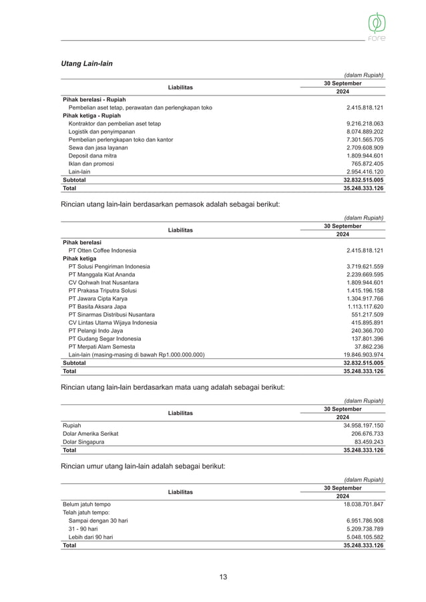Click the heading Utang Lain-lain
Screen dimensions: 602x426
point(87,63)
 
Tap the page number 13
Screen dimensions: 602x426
point(223,577)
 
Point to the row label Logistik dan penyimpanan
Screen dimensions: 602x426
point(105,132)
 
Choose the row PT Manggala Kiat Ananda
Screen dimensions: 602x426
point(102,274)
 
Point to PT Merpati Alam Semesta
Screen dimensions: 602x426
point(101,346)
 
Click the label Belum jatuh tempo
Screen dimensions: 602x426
point(87,504)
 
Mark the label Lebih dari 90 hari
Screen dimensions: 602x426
point(91,537)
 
